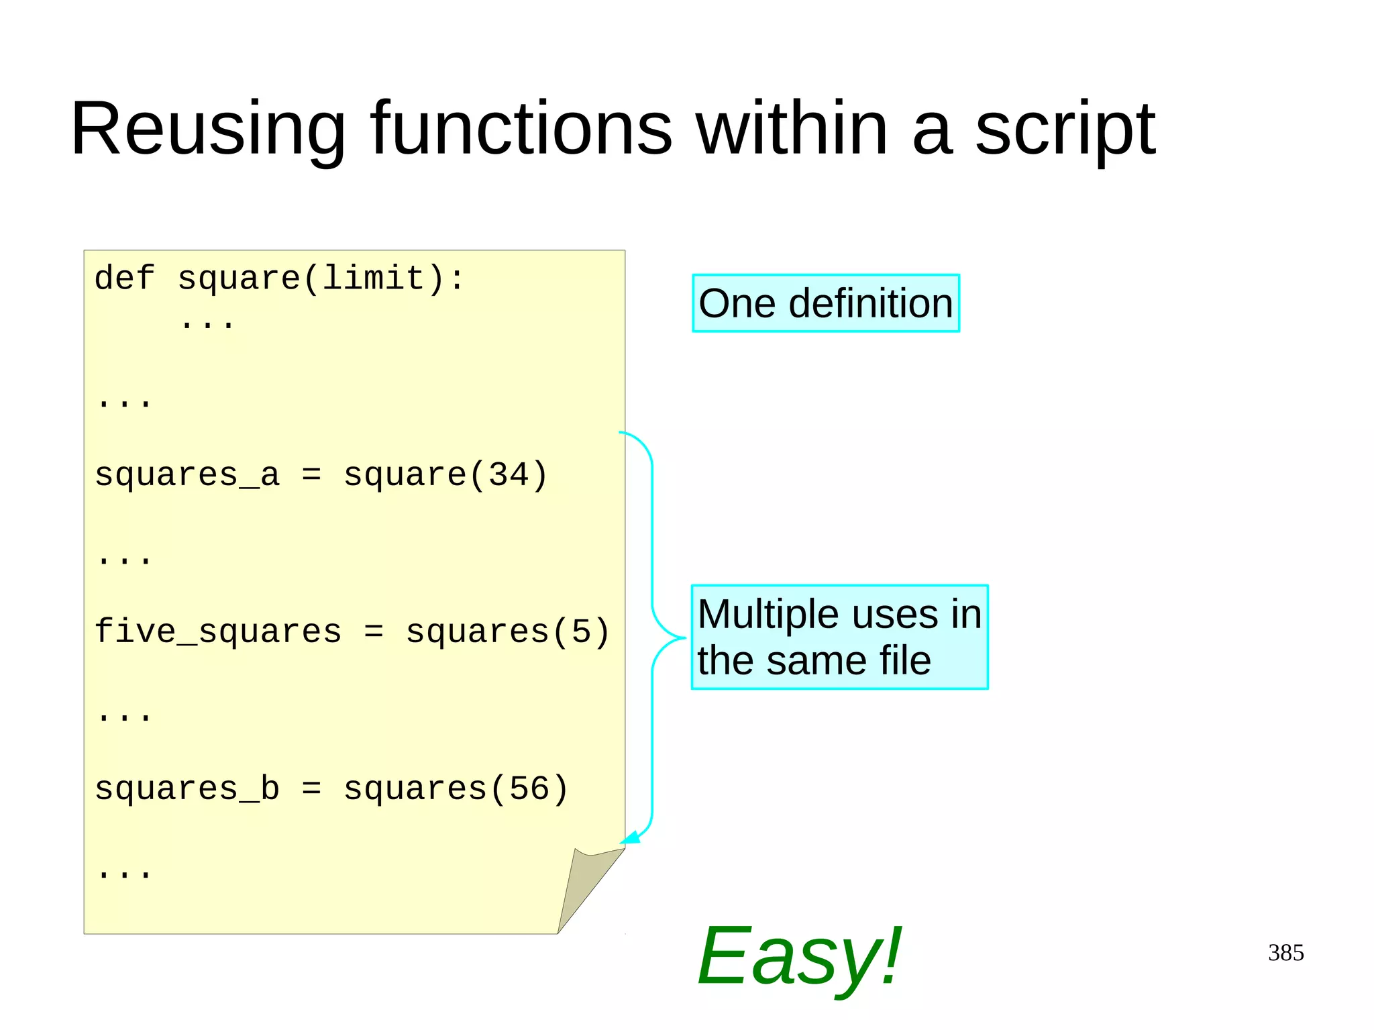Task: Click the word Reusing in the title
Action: (x=208, y=129)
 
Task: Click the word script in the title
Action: (x=1065, y=129)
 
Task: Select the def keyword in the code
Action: (x=125, y=278)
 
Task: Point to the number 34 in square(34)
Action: (x=509, y=475)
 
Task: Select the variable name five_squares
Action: (x=218, y=632)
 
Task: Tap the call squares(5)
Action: (x=508, y=632)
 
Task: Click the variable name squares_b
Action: (x=187, y=789)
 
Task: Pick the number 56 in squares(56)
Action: (x=529, y=789)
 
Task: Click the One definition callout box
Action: (x=826, y=303)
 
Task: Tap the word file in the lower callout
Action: (x=905, y=660)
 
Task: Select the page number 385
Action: (x=1285, y=953)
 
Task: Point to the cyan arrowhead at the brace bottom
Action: (x=630, y=838)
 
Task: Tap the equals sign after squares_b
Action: (x=311, y=789)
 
